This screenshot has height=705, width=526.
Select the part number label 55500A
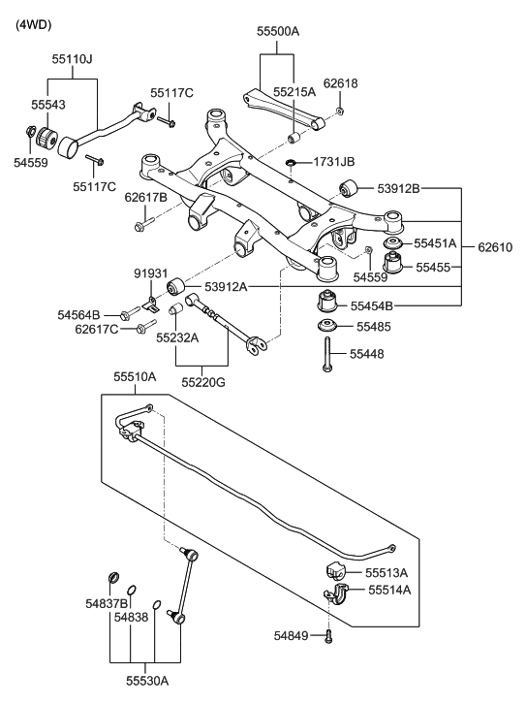click(x=278, y=31)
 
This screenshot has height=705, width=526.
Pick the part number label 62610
click(x=498, y=247)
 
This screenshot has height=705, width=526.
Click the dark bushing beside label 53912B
click(x=349, y=188)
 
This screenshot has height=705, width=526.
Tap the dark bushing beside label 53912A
click(x=176, y=286)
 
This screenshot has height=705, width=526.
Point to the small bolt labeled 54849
click(x=329, y=636)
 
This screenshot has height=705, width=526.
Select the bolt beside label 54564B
click(x=127, y=314)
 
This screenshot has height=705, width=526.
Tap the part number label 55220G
click(x=202, y=382)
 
